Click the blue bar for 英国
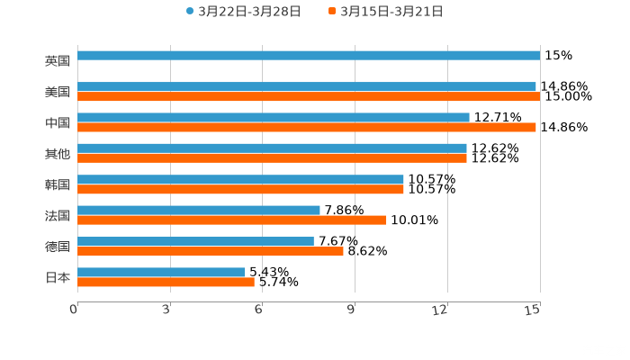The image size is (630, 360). (x=309, y=56)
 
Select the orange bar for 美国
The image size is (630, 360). (x=309, y=96)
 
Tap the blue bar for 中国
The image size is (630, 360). (x=274, y=117)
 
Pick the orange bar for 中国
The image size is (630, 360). (x=307, y=127)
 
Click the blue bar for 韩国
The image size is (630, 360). (x=240, y=179)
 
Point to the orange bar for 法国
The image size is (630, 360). (x=232, y=220)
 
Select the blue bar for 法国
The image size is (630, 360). (x=199, y=210)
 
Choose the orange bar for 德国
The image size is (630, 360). (x=211, y=251)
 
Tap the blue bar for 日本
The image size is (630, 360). (x=161, y=272)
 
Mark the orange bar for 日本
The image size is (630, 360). (x=166, y=282)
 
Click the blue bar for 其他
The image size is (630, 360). (x=272, y=148)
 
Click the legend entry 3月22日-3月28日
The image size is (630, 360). (x=244, y=12)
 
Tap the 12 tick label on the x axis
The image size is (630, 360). (x=441, y=310)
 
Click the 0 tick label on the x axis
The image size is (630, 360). (x=74, y=310)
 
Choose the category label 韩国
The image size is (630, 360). (x=58, y=184)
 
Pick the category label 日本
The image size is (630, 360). (x=58, y=277)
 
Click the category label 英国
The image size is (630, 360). (x=58, y=61)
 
